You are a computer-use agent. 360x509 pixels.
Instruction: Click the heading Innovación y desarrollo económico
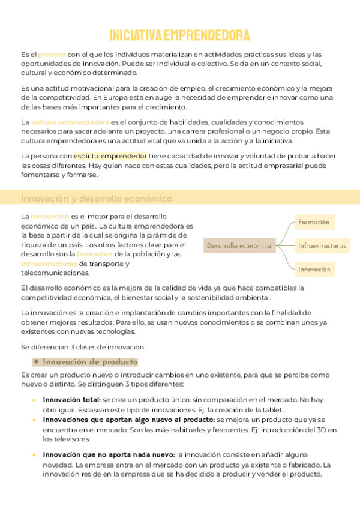(98, 199)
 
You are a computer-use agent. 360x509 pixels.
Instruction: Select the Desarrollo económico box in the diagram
(239, 245)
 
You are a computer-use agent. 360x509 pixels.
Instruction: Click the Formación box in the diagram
(314, 222)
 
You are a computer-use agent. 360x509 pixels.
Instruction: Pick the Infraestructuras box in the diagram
(322, 245)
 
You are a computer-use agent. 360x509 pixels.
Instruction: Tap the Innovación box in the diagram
(314, 270)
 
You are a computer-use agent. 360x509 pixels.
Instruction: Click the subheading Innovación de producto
(86, 362)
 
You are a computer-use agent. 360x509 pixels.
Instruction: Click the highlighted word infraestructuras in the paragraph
(49, 264)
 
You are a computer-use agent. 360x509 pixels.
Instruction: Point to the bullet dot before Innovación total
(34, 400)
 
